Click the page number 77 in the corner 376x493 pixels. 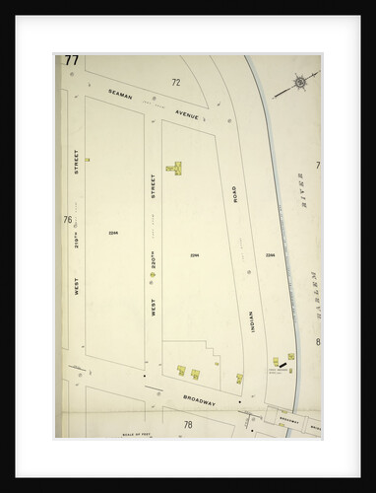(71, 61)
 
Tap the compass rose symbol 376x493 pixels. (299, 84)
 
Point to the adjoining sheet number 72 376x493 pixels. (177, 82)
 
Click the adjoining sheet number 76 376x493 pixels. (68, 219)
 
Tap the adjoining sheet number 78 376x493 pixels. (187, 424)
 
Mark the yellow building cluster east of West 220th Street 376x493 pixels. (177, 167)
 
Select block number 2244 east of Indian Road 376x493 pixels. (269, 255)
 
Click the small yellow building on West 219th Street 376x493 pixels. (88, 158)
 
